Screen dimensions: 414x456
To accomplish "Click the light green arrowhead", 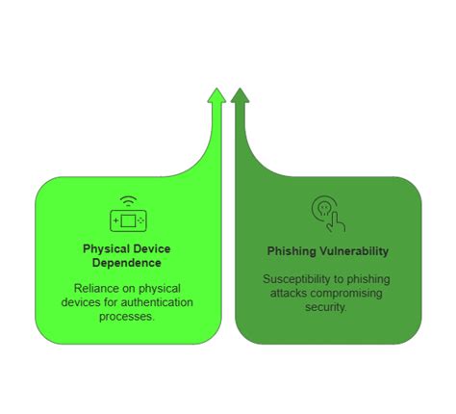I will [216, 96].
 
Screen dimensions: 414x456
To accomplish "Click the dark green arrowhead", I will [240, 96].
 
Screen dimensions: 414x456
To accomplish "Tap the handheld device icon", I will [127, 220].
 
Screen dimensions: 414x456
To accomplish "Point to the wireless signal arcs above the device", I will [127, 201].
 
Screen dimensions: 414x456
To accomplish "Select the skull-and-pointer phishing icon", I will [327, 213].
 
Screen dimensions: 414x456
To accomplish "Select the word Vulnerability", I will [353, 251].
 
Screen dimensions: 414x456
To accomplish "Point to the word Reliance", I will [94, 287].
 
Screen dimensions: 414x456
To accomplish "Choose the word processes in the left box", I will [128, 316].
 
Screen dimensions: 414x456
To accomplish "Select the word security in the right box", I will [327, 308].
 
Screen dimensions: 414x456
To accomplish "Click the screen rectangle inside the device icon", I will [127, 221].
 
